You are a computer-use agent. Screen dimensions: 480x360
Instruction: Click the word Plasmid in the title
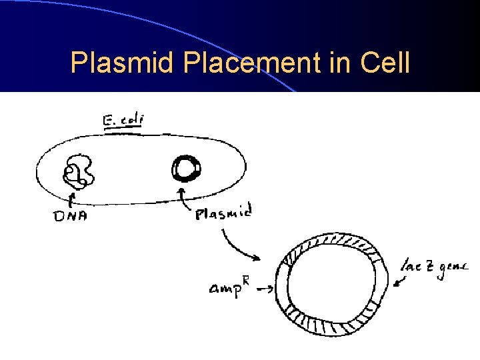coord(123,63)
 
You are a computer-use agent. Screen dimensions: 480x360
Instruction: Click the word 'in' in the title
coord(335,63)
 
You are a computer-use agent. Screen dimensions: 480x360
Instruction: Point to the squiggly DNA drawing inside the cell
coord(79,171)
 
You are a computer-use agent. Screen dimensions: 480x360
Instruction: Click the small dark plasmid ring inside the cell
coord(185,168)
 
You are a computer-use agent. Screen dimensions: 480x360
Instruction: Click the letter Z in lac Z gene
coord(430,267)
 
